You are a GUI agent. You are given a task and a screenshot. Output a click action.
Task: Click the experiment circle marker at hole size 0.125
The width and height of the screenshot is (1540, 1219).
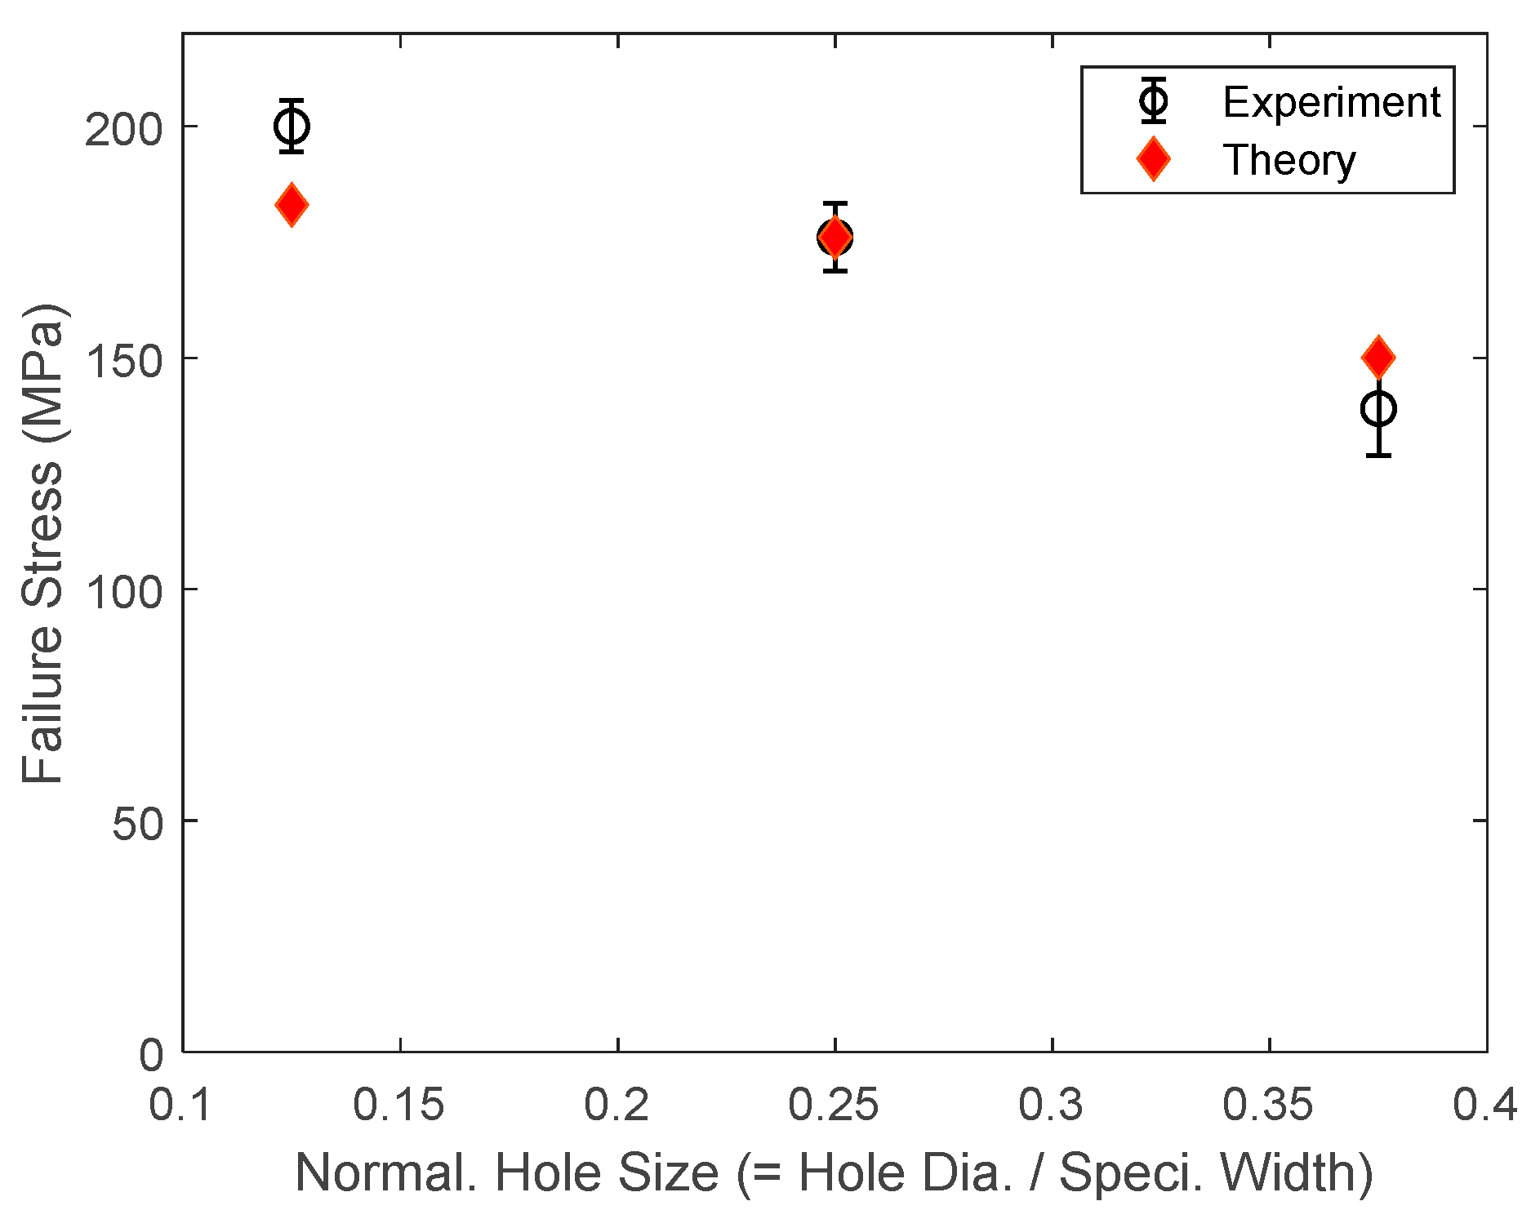292,126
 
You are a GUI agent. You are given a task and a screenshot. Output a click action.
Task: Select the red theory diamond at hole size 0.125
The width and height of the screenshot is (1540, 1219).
292,204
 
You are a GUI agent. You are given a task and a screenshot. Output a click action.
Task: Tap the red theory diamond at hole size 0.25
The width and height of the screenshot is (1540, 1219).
835,238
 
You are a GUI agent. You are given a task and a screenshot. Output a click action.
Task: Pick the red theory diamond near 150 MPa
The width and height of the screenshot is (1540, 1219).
1378,357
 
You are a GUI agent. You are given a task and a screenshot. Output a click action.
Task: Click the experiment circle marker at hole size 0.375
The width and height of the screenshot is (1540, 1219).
1378,408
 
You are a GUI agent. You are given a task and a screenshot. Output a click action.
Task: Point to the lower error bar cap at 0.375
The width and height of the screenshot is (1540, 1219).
1378,455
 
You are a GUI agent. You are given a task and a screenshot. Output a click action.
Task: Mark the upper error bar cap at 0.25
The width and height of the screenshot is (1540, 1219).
835,203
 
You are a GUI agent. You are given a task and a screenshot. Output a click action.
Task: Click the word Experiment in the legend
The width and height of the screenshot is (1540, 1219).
1331,102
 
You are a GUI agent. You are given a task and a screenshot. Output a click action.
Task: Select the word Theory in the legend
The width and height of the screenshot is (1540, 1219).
1289,160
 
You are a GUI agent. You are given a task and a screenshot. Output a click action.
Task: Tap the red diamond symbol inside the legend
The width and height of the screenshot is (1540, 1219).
1153,158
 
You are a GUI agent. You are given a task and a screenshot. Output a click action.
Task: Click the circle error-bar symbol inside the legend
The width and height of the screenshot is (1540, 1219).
1153,101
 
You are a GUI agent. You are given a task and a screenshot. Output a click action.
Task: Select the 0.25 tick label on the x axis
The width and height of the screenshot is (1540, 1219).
833,1106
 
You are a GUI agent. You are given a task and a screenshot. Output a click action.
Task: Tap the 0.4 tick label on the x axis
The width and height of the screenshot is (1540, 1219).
1484,1106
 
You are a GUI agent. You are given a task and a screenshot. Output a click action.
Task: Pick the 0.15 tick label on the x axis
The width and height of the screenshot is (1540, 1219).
398,1106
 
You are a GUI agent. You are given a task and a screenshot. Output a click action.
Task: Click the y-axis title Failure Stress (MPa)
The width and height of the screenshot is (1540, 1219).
42,543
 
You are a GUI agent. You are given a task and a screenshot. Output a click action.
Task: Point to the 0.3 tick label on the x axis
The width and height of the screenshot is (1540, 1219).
1051,1106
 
